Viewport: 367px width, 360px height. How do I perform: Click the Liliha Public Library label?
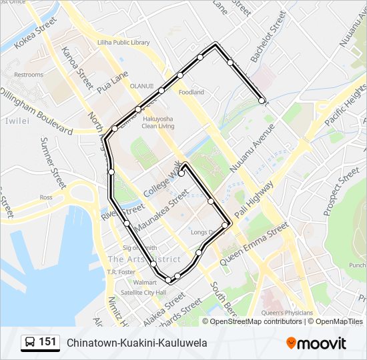tap(124, 43)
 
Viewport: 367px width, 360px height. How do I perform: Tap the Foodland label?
tap(191, 93)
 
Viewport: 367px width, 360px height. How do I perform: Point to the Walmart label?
tap(126, 283)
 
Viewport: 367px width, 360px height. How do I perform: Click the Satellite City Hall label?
tap(134, 292)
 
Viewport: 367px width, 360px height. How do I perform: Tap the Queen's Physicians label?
tap(287, 313)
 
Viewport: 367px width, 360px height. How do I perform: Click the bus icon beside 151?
tap(30, 343)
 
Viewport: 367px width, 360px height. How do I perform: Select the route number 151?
tap(47, 342)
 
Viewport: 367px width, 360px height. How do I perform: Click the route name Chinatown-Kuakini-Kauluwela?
tap(137, 343)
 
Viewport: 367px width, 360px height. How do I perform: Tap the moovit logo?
tap(316, 343)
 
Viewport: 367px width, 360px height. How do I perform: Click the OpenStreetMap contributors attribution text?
tap(255, 321)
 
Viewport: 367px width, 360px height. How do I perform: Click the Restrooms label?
tap(29, 75)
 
